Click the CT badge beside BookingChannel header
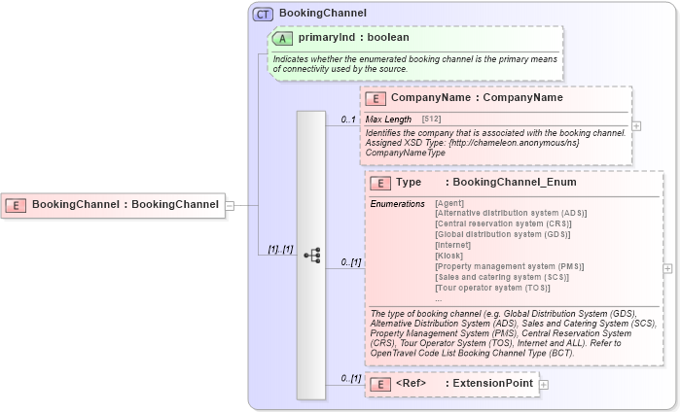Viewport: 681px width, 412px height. [264, 14]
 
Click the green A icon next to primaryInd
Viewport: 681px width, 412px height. [282, 38]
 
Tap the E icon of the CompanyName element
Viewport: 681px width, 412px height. [376, 98]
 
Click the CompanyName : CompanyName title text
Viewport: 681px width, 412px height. [477, 98]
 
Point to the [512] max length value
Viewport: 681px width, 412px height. [431, 119]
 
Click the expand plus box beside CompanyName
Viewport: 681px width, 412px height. [636, 125]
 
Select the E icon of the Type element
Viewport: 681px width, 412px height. [380, 183]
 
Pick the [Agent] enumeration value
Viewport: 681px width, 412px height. [450, 203]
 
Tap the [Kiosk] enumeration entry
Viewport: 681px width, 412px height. [449, 257]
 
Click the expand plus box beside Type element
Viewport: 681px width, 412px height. [667, 268]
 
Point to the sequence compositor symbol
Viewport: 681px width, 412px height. [311, 255]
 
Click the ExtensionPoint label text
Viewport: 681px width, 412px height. [493, 384]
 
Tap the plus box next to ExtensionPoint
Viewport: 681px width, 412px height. [544, 385]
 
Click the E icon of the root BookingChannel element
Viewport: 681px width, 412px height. [16, 205]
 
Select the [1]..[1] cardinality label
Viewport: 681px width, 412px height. [280, 249]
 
